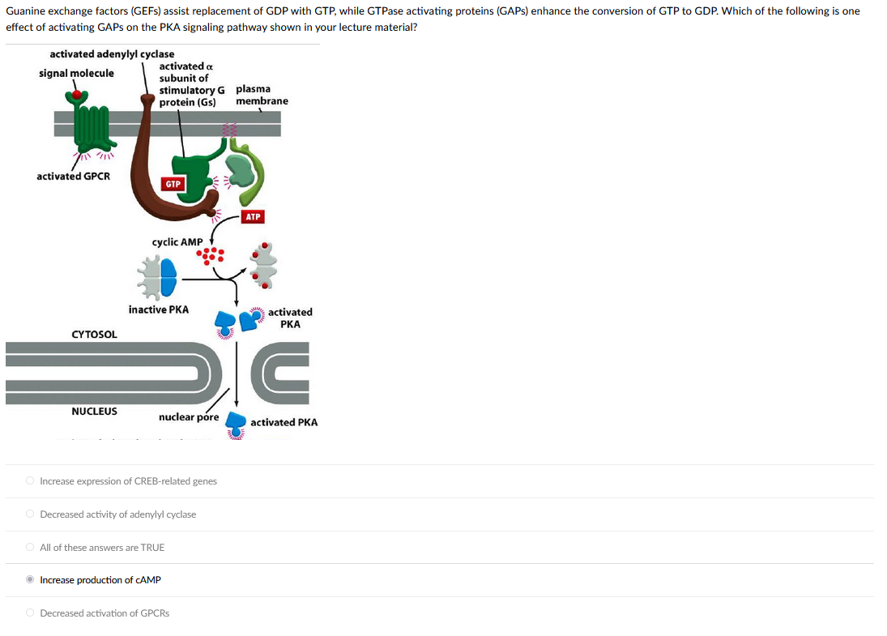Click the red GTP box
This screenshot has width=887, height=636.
(173, 185)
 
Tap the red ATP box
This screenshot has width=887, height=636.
(253, 217)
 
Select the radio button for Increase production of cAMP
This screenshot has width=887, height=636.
(31, 580)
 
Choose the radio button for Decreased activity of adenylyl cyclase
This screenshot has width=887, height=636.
(31, 514)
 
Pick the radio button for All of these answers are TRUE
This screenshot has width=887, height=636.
(31, 548)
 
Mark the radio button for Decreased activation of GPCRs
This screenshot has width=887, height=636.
(31, 613)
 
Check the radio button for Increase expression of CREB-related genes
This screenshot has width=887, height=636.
(31, 481)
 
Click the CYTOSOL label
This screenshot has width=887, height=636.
(94, 334)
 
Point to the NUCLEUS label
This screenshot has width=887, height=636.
(94, 412)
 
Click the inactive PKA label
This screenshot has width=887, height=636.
(159, 309)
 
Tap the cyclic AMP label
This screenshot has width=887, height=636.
(177, 242)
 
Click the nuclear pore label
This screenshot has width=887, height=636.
(189, 417)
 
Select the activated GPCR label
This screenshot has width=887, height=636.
(74, 177)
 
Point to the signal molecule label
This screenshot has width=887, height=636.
(76, 74)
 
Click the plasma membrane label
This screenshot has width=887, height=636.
(262, 95)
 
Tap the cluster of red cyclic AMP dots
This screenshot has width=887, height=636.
(213, 256)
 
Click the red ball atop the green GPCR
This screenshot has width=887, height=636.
(77, 96)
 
